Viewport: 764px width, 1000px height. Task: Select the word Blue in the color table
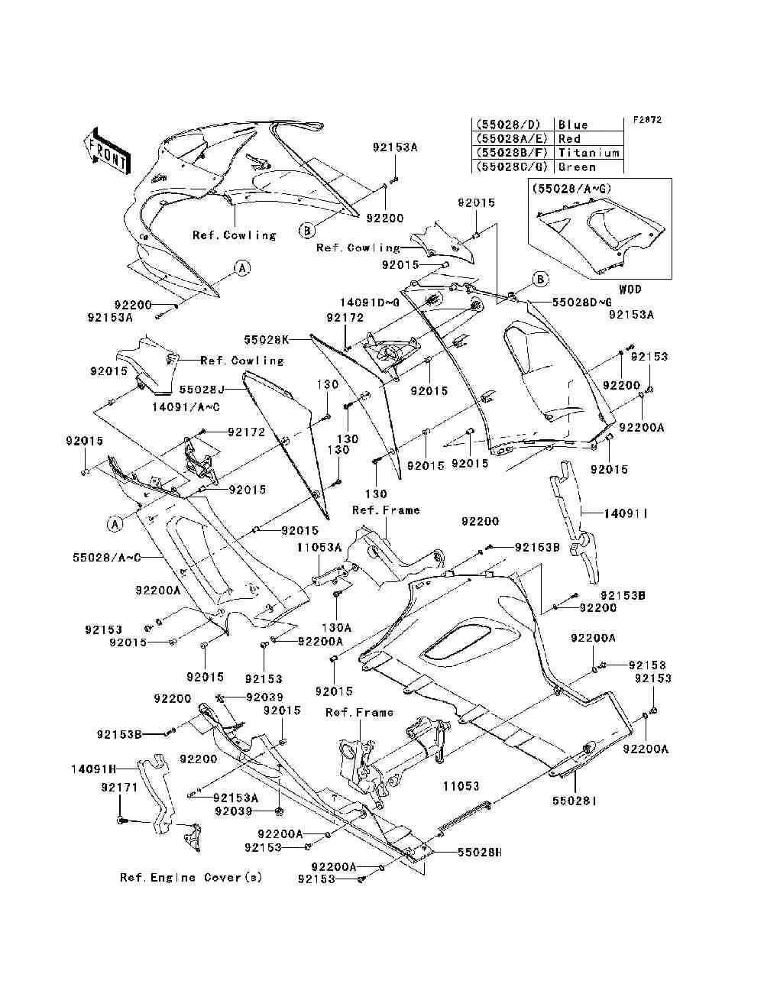(573, 125)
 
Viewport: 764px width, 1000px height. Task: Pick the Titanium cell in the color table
(588, 153)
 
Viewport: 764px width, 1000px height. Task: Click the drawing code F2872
(647, 120)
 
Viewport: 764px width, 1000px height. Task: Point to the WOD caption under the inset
(630, 289)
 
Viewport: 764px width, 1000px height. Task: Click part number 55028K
(267, 339)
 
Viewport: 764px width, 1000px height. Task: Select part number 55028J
(202, 389)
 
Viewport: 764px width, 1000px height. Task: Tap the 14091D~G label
(370, 303)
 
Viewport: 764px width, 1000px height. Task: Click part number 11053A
(319, 547)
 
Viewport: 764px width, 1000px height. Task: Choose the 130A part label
(336, 627)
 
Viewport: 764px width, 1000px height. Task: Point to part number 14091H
(93, 769)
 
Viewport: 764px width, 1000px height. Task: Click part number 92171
(119, 787)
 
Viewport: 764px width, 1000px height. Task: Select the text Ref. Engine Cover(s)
(191, 877)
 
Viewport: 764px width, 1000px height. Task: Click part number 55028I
(574, 801)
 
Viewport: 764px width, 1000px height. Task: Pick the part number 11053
(461, 785)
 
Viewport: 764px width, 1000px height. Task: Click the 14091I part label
(626, 514)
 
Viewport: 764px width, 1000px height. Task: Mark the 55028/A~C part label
(107, 557)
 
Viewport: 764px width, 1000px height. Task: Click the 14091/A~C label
(186, 406)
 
